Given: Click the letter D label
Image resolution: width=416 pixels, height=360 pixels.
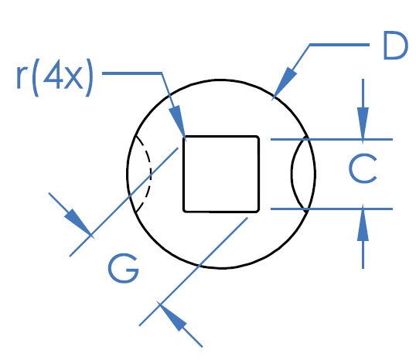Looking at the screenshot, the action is [395, 46].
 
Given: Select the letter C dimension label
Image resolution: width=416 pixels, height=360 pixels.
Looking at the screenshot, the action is [363, 168].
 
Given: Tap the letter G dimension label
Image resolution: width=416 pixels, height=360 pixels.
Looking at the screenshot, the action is [124, 268].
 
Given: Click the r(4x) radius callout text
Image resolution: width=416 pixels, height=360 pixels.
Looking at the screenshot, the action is [55, 77].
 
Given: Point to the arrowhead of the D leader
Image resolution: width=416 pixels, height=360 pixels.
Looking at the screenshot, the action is [284, 83].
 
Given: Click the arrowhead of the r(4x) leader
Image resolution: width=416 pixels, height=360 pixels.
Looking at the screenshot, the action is [178, 121].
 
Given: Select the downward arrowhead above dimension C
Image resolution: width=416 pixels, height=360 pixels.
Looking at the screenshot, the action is [363, 123].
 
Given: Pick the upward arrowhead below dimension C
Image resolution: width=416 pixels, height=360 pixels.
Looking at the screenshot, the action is [363, 225].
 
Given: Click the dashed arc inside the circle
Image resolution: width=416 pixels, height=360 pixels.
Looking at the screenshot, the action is [145, 174].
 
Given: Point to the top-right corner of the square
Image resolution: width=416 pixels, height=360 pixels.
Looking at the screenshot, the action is [259, 136].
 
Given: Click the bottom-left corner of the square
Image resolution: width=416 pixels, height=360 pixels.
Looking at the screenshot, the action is [183, 212].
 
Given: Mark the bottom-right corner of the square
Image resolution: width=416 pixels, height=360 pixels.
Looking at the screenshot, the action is [259, 212].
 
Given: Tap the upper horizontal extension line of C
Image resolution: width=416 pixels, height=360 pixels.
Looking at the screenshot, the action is [332, 139].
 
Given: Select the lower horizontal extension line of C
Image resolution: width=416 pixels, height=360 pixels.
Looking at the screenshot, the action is [332, 209].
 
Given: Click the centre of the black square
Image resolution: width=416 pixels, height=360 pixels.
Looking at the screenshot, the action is [221, 174].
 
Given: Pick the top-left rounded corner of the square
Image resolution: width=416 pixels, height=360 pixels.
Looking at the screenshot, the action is [184, 137].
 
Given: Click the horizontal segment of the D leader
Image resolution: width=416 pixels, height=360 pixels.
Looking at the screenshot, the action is [339, 45].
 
